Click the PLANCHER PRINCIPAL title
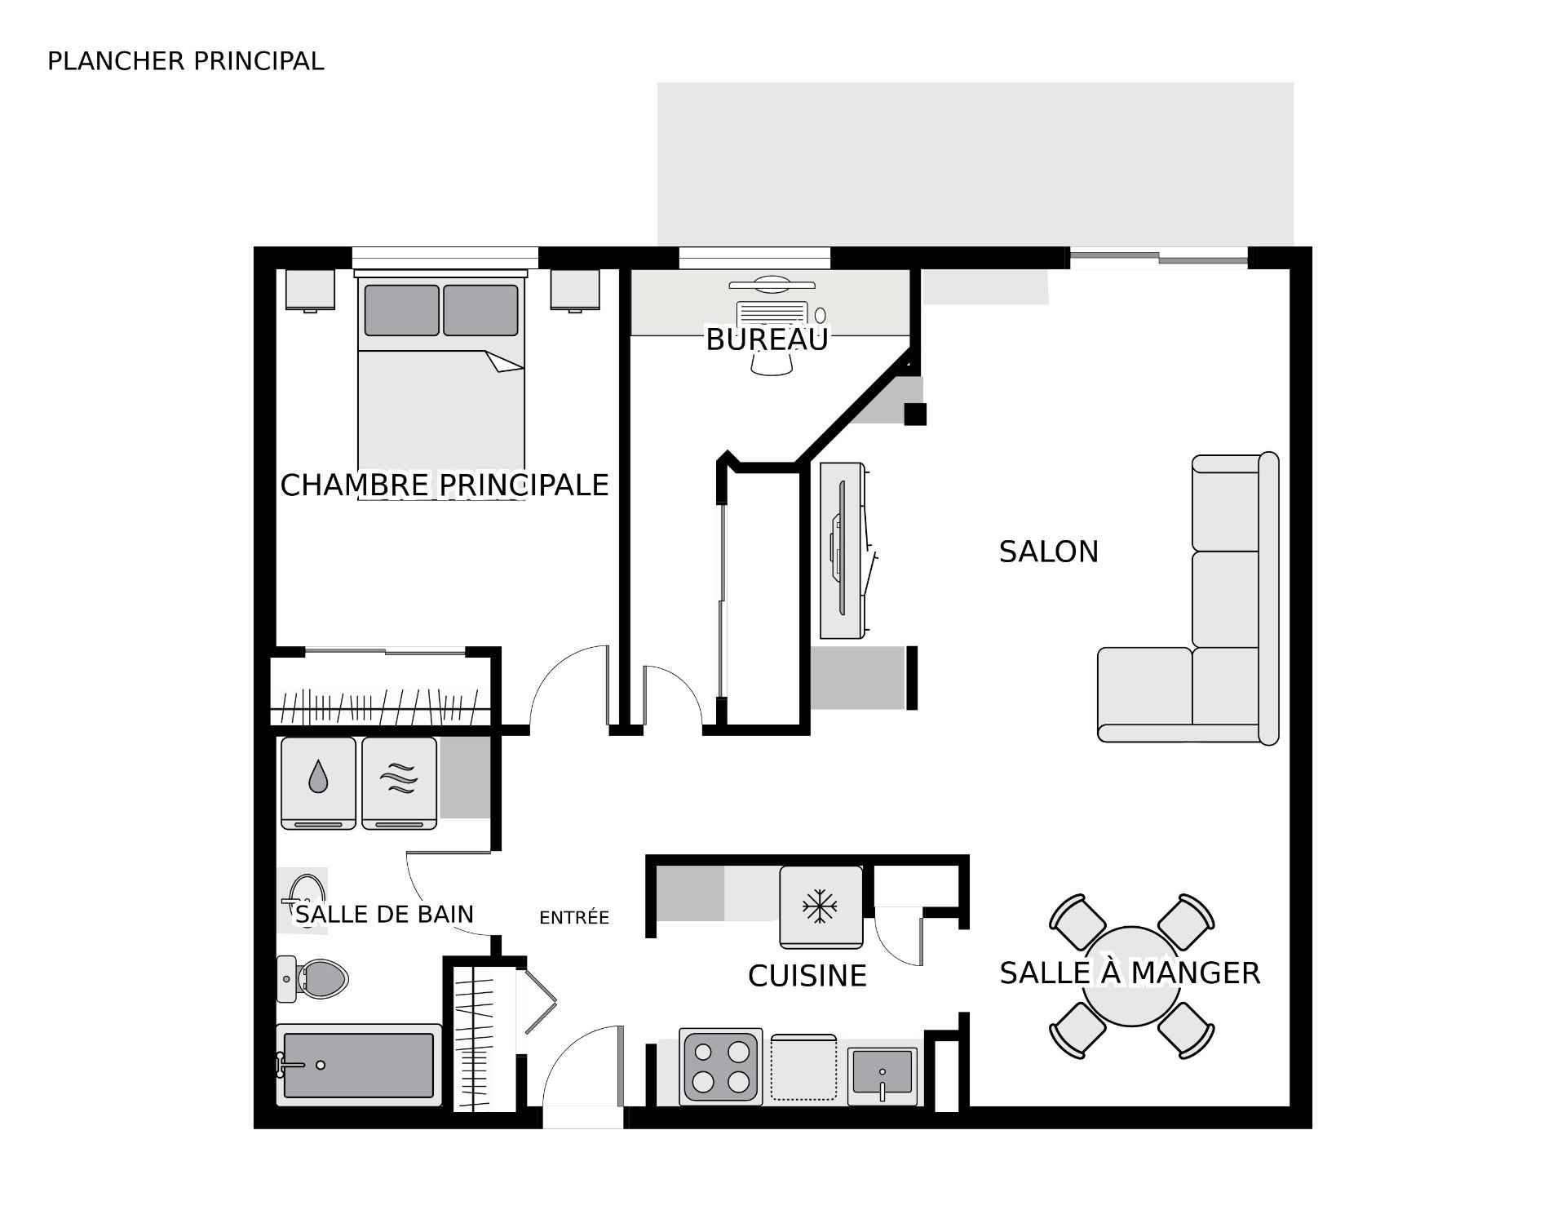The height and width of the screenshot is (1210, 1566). [x=186, y=61]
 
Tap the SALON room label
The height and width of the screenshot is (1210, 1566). [x=1049, y=552]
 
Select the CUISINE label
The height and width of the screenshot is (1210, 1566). [x=807, y=976]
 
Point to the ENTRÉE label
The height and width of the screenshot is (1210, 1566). [x=574, y=918]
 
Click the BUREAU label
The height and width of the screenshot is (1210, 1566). [x=767, y=339]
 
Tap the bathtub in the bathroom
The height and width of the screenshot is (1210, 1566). [x=359, y=1065]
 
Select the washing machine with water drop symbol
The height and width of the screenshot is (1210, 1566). [x=318, y=783]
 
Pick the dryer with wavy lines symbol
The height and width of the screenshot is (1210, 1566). [x=400, y=783]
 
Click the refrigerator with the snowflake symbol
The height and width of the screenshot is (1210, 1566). [x=821, y=907]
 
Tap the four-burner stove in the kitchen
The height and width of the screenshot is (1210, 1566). [x=721, y=1067]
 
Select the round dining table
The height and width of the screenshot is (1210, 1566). [x=1131, y=977]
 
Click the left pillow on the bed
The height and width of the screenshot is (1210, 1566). [x=402, y=310]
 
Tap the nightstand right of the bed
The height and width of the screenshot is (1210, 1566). [x=575, y=290]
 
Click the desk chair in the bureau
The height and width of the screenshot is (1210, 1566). [x=771, y=364]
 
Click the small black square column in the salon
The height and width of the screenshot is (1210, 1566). [x=915, y=414]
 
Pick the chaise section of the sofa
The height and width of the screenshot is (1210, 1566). [x=1145, y=694]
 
